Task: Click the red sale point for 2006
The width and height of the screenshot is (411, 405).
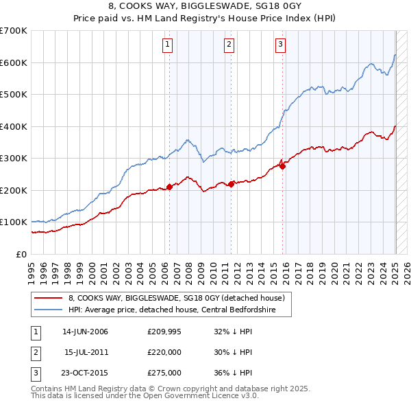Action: point(169,187)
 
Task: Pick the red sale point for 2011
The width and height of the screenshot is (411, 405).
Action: point(232,183)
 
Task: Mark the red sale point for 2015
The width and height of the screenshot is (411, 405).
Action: point(283,166)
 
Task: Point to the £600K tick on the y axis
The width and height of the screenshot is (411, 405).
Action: point(14,62)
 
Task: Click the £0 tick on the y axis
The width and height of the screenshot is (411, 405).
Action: point(21,254)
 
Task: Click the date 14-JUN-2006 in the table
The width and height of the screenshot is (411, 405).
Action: point(85,332)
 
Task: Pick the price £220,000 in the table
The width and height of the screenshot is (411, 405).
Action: point(164,352)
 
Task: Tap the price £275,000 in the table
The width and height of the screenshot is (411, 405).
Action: point(164,373)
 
